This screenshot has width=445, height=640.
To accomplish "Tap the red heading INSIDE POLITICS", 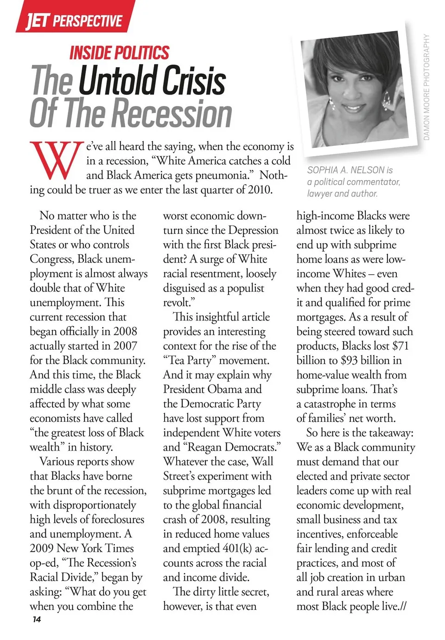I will [119, 53].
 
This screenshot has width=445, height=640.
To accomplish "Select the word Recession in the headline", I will [172, 113].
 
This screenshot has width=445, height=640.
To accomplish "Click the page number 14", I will [37, 620].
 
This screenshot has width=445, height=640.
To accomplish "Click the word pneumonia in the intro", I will [226, 175].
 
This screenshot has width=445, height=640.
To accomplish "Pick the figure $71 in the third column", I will [400, 345].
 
